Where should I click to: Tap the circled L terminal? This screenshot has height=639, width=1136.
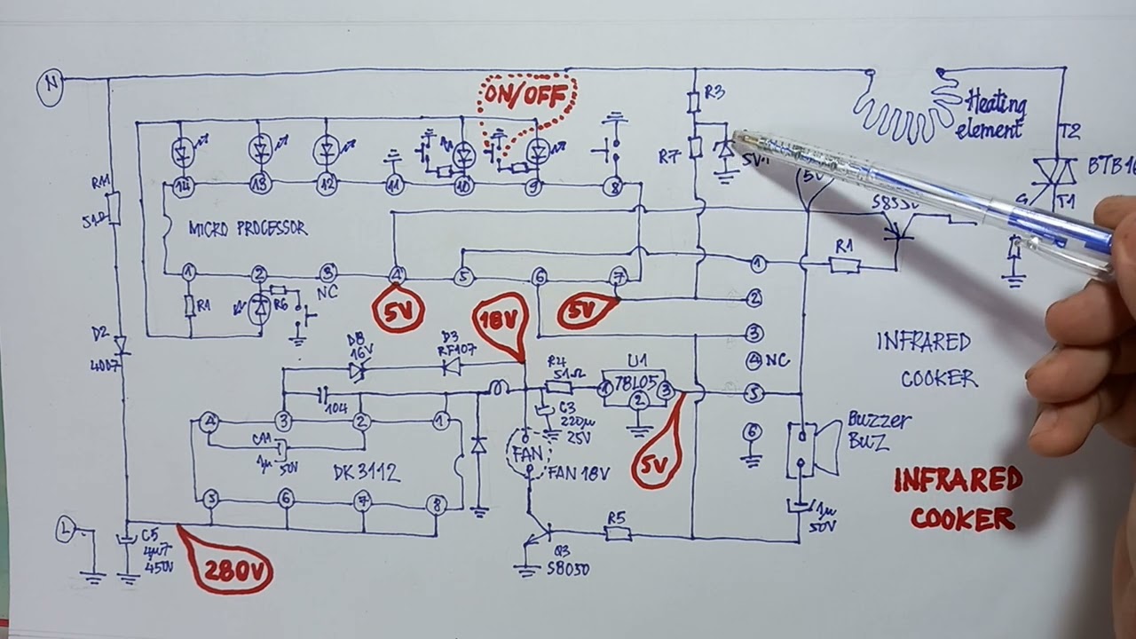pyautogui.click(x=66, y=530)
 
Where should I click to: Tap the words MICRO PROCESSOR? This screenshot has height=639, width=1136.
pyautogui.click(x=248, y=229)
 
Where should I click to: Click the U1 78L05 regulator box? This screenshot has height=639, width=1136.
pyautogui.click(x=635, y=387)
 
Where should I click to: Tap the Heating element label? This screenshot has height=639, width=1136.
pyautogui.click(x=992, y=114)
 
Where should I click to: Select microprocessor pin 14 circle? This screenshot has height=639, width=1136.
pyautogui.click(x=183, y=185)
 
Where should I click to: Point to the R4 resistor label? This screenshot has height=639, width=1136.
pyautogui.click(x=556, y=362)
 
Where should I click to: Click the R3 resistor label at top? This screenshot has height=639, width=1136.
pyautogui.click(x=714, y=91)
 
